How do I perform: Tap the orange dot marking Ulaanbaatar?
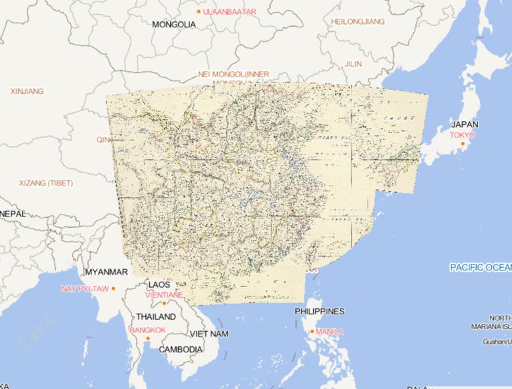click(199, 11)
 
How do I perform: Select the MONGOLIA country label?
click(174, 25)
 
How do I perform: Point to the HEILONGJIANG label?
click(358, 21)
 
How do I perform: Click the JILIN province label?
click(353, 64)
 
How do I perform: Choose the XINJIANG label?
click(27, 91)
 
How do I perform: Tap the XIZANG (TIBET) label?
click(46, 183)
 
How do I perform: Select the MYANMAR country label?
click(106, 272)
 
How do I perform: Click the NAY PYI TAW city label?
click(84, 288)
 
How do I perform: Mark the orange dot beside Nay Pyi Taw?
click(113, 288)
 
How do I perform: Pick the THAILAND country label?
click(156, 317)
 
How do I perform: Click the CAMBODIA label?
click(181, 350)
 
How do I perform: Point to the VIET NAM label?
click(209, 333)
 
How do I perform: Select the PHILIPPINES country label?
click(320, 312)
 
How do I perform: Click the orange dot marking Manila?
click(312, 332)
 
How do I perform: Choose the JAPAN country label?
click(464, 125)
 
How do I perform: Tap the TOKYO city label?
click(462, 135)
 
